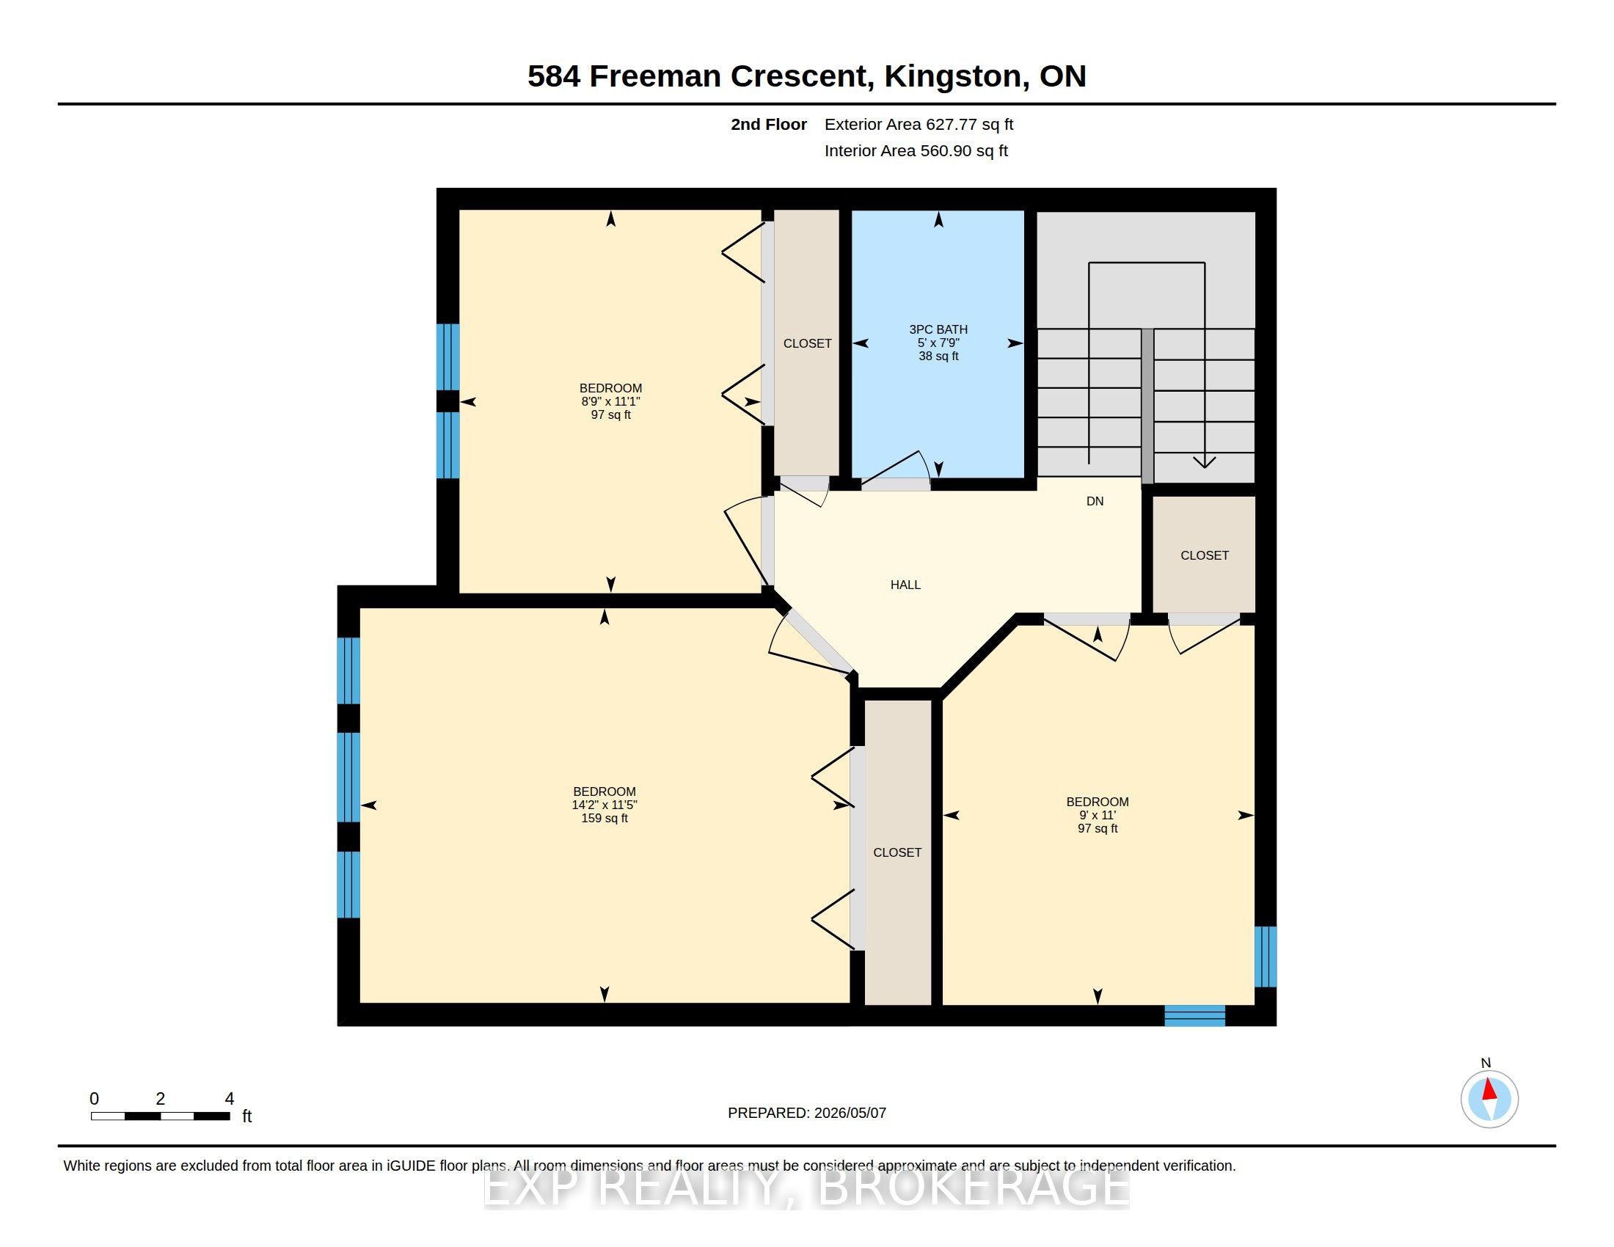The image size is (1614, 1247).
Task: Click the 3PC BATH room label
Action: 938,329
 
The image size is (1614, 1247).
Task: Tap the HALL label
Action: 905,585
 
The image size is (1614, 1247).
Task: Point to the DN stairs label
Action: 1095,501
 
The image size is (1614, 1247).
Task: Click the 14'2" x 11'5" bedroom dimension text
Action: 604,805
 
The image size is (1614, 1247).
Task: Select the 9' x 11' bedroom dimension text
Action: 1098,815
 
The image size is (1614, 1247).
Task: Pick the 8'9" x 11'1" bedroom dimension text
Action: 610,401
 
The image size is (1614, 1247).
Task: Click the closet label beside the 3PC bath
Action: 807,343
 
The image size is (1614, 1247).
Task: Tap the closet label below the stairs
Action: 1204,555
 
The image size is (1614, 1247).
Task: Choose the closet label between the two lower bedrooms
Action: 897,852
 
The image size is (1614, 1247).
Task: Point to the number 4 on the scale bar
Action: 229,1099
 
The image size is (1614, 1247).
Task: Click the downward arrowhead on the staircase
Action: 1205,461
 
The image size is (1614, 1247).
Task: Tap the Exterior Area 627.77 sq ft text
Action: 919,124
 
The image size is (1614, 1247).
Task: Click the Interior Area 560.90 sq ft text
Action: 916,150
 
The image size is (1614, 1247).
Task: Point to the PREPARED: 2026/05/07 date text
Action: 806,1113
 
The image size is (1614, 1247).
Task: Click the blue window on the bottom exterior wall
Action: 1194,1016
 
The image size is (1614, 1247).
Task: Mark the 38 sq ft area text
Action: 938,356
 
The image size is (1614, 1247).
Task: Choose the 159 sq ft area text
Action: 604,819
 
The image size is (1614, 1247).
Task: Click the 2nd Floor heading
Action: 769,124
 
